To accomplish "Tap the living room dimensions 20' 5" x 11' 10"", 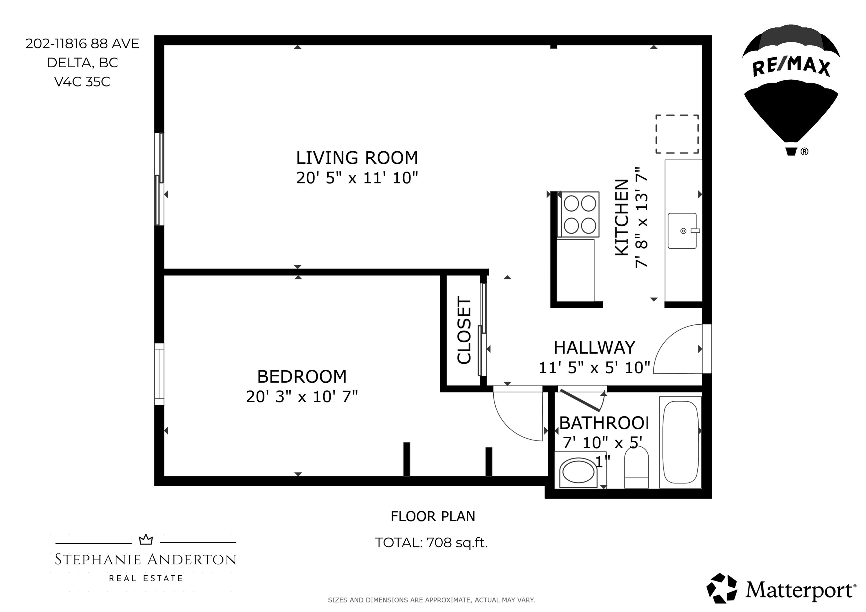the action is point(357,178).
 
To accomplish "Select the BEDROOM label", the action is point(302,376).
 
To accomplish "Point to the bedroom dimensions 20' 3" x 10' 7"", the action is point(302,396).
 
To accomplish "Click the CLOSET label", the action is point(464,330).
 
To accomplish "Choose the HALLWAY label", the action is point(595,348).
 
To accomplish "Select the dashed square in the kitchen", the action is point(677,134).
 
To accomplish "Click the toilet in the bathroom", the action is point(637,467).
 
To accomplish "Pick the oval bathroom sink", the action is point(578,471).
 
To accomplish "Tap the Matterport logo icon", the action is point(722,589).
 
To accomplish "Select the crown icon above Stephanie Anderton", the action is point(146,540).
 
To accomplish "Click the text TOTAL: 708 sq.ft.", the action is point(432,543).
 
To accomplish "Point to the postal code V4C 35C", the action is point(82,82).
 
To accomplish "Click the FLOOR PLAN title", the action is point(433,516).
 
